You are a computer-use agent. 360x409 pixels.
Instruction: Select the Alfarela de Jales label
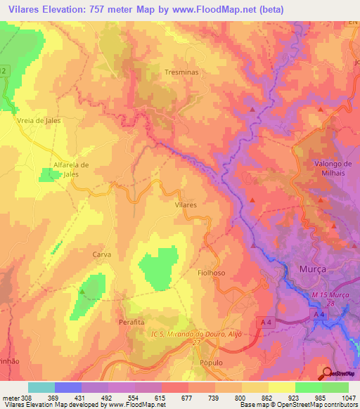[x=71, y=169]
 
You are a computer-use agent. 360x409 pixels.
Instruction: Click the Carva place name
[x=102, y=254]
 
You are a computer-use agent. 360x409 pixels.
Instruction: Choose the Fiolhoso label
[x=212, y=273]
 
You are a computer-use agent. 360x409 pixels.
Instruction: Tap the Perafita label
[x=131, y=321]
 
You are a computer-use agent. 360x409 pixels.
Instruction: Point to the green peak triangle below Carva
[x=82, y=290]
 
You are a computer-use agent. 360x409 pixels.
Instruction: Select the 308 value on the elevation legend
[x=21, y=398]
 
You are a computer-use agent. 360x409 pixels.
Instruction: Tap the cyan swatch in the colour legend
[x=41, y=387]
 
